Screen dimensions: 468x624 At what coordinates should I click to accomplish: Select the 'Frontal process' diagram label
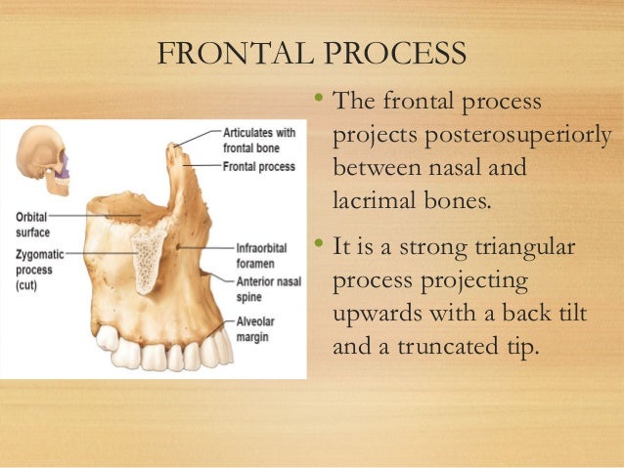coord(258,167)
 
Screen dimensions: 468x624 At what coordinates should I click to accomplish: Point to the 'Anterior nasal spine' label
coord(268,289)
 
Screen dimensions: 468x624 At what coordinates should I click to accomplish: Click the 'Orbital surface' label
coord(33,225)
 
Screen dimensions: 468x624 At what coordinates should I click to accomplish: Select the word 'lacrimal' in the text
coord(372,202)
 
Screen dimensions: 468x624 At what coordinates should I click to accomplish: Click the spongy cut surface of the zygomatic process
coord(147,256)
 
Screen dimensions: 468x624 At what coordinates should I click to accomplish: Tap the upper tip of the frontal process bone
coord(175,148)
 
